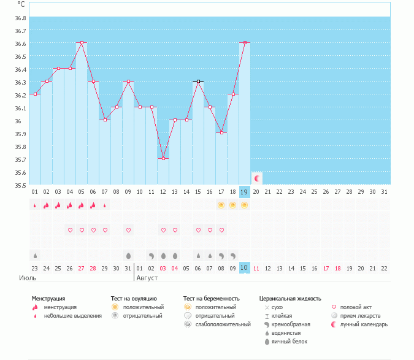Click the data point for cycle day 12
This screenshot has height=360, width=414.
(x=163, y=158)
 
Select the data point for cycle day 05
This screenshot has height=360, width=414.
(x=82, y=43)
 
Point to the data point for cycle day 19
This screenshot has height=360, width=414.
(x=245, y=43)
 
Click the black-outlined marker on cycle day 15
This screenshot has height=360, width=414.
(x=198, y=81)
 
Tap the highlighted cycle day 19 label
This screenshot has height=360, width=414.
(x=245, y=192)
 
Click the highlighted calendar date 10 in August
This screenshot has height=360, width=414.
(x=245, y=267)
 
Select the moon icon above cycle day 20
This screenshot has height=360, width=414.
(x=257, y=178)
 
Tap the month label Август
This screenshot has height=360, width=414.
(x=147, y=278)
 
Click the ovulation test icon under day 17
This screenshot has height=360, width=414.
(x=221, y=205)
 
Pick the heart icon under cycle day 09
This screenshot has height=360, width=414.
(x=128, y=231)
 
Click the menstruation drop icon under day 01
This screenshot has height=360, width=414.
(x=35, y=205)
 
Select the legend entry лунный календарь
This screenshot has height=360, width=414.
(x=364, y=324)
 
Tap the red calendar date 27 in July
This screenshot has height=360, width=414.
(x=82, y=268)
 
